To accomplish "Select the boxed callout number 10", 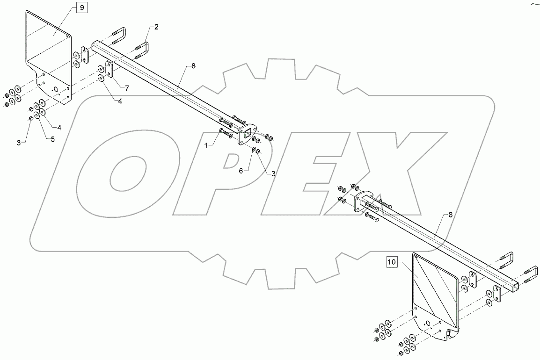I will pos(392,263).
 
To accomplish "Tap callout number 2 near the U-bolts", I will pos(156,27).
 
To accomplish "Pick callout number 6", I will pos(241,171).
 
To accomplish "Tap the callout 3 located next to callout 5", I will pos(19,142).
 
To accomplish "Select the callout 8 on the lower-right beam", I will pos(450,215).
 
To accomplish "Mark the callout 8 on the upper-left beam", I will pos(193,66).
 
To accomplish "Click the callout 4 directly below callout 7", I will pos(120,101).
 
